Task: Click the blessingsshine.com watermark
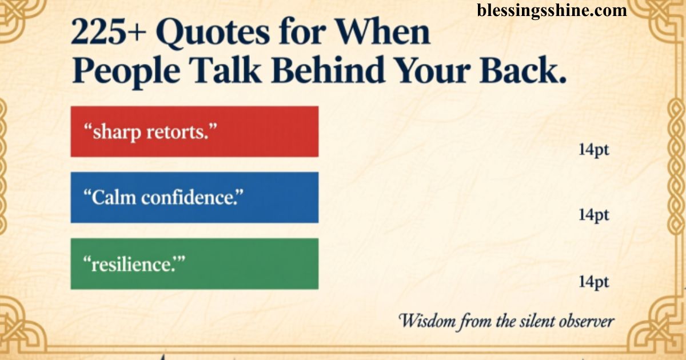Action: point(552,10)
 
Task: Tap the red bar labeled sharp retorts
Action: point(194,131)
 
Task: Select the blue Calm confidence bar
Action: point(194,197)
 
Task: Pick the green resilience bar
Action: point(194,263)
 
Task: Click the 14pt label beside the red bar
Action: point(593,151)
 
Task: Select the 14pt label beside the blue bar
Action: point(593,215)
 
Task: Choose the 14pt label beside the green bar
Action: point(593,282)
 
